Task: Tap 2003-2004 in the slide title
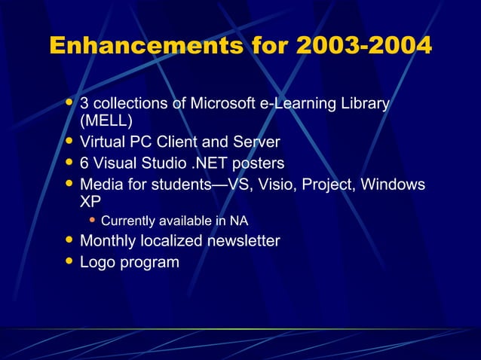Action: pos(364,47)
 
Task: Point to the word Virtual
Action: pos(104,142)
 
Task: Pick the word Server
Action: pos(255,142)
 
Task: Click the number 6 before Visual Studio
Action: pos(85,163)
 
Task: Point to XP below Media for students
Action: pos(91,203)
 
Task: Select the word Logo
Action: pos(98,262)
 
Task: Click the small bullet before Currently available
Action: pos(93,221)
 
